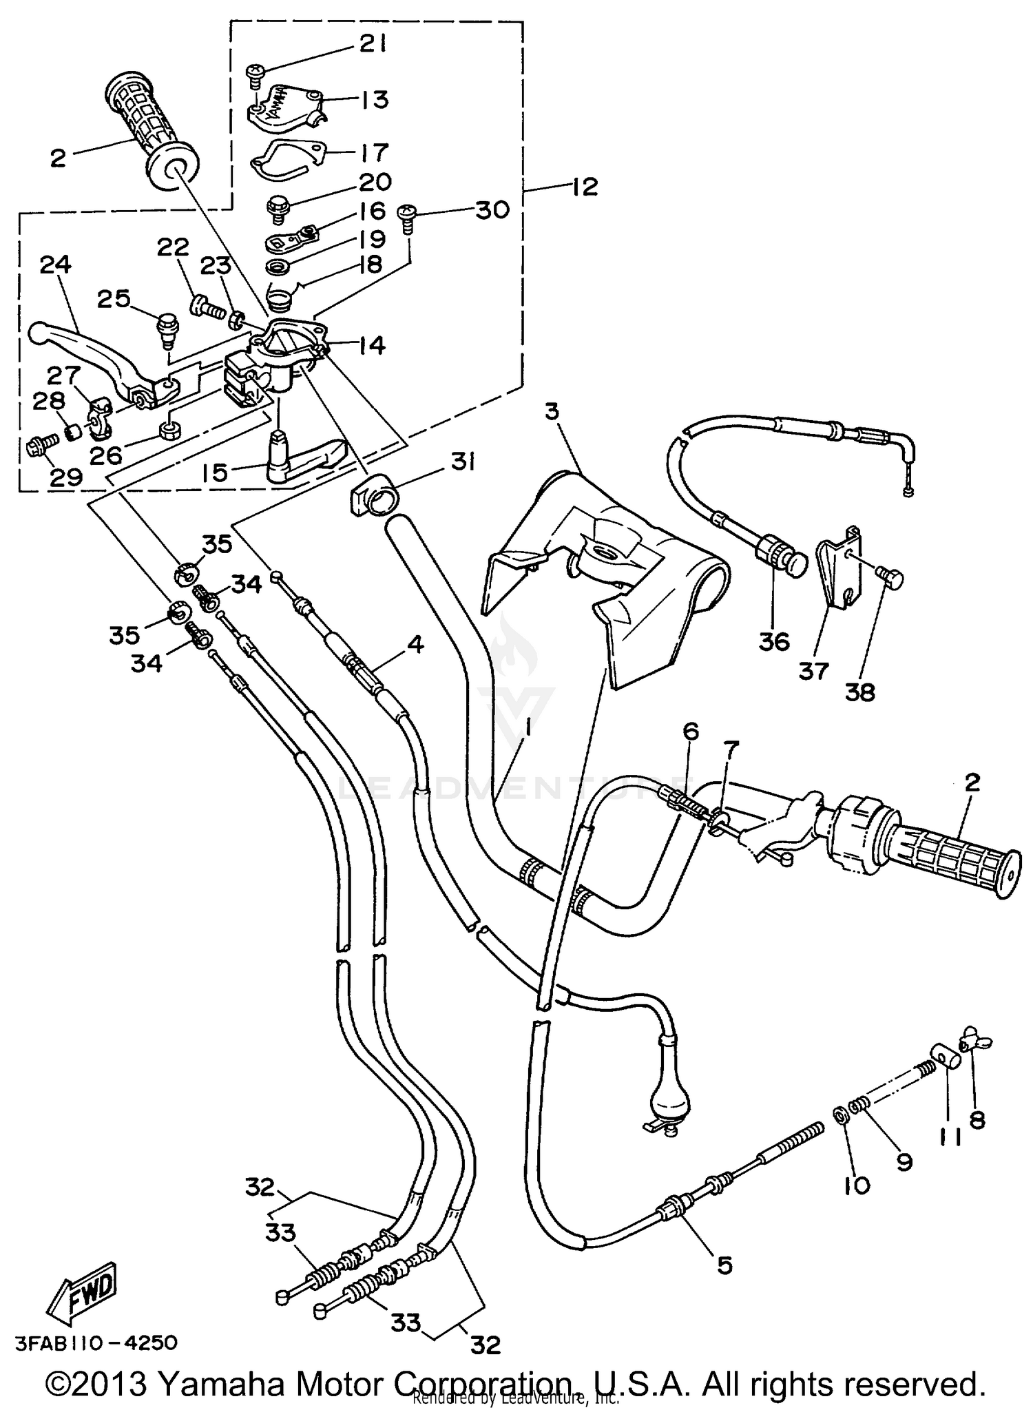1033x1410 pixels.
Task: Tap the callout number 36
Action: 773,641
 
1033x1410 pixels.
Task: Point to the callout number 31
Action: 463,463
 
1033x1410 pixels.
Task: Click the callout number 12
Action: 585,186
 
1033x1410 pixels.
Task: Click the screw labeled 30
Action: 407,214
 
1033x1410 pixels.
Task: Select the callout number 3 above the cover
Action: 552,412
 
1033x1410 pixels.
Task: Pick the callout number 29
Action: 65,477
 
